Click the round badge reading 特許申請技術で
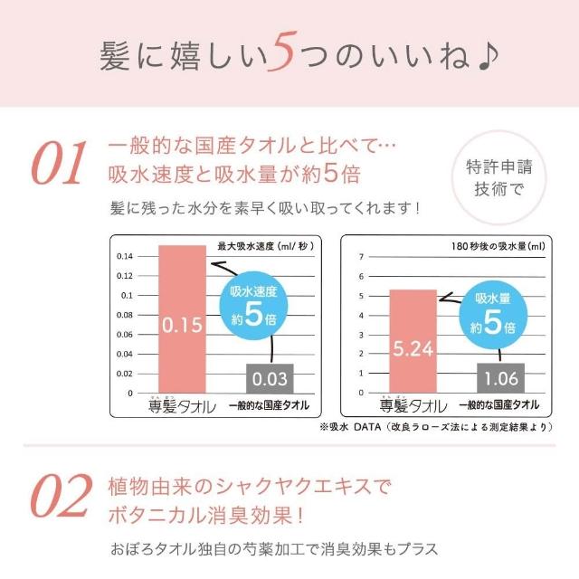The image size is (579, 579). click(501, 177)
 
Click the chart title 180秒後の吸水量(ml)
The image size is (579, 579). click(498, 245)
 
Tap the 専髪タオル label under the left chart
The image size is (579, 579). click(182, 406)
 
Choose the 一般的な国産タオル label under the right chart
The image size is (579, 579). click(498, 405)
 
